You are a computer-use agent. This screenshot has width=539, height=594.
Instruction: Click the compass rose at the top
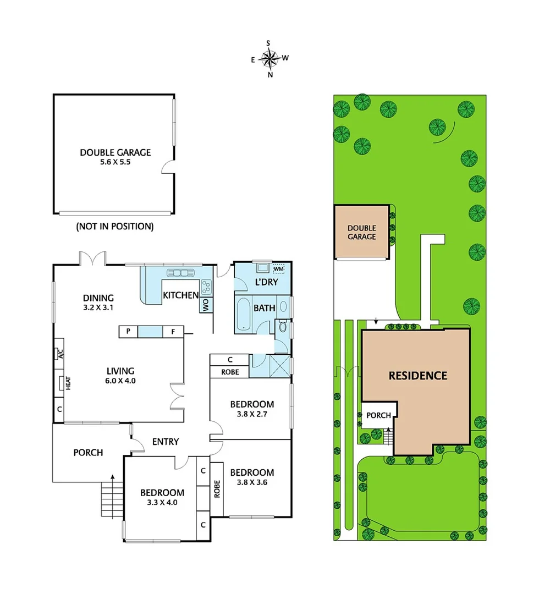(269, 57)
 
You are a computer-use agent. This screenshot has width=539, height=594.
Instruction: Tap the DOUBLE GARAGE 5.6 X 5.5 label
(115, 157)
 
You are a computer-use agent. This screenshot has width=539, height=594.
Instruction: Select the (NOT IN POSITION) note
(114, 226)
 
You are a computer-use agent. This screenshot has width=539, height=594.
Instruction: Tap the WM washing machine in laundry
(279, 268)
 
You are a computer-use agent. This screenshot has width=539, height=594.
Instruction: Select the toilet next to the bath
(282, 327)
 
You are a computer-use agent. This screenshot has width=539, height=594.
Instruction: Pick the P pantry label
(128, 331)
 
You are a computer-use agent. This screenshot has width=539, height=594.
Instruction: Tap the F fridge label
(173, 331)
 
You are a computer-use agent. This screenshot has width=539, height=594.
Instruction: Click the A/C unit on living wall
(61, 355)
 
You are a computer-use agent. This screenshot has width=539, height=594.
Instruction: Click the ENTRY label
(166, 442)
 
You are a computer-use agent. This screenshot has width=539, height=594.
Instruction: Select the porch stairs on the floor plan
(112, 498)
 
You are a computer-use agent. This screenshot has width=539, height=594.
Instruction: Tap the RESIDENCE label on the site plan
(417, 376)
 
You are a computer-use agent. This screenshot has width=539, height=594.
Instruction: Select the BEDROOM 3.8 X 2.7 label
(251, 409)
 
